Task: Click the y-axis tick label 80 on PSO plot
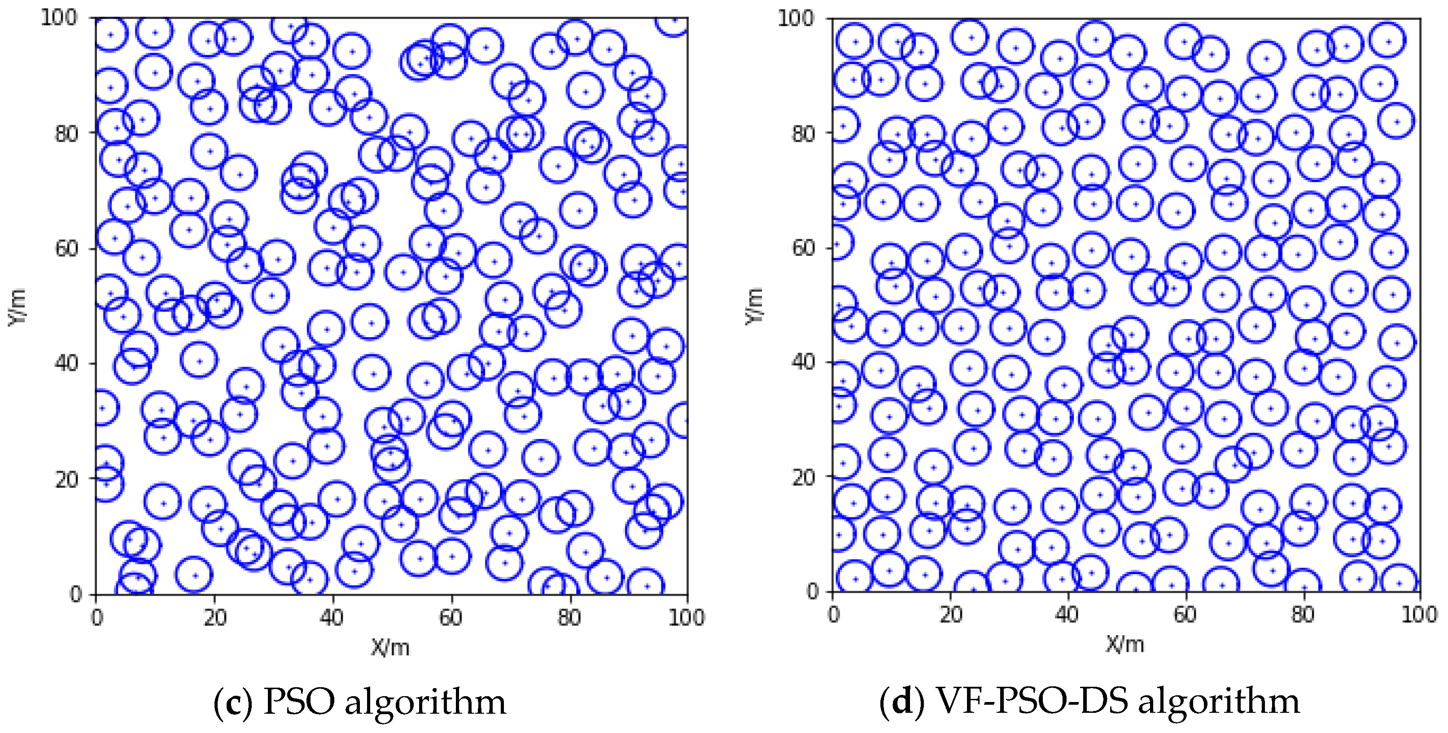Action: pyautogui.click(x=66, y=134)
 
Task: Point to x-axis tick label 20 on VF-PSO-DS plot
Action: pyautogui.click(x=950, y=615)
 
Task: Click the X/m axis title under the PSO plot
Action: pyautogui.click(x=390, y=648)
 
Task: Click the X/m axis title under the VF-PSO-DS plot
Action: pyautogui.click(x=1125, y=644)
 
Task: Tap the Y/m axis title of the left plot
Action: pyautogui.click(x=17, y=307)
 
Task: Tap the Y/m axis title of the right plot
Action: pyautogui.click(x=755, y=305)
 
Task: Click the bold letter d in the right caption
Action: pyautogui.click(x=903, y=702)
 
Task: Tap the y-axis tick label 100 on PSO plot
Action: pyautogui.click(x=58, y=18)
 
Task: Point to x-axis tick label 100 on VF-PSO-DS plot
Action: pyautogui.click(x=1419, y=615)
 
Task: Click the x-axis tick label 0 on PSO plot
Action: pyautogui.click(x=96, y=618)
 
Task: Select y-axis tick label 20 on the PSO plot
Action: pyautogui.click(x=66, y=479)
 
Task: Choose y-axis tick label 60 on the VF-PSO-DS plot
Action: pyautogui.click(x=802, y=247)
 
